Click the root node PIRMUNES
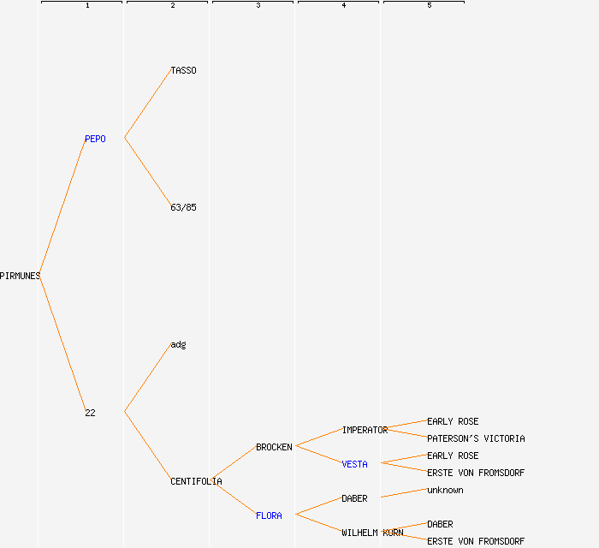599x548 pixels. [20, 276]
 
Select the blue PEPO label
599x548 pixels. [95, 139]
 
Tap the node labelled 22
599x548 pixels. [90, 413]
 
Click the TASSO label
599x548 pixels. [183, 70]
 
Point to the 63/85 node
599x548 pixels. [183, 207]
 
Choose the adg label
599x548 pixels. [178, 345]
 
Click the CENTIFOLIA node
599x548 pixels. [196, 481]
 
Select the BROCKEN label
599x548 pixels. [274, 447]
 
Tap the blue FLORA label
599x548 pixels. [269, 515]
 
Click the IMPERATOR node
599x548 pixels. [365, 430]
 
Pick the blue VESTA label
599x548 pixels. [354, 464]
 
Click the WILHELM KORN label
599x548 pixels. [372, 533]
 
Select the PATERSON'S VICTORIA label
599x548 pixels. [476, 438]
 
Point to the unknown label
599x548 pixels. [445, 490]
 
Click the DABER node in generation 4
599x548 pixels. [354, 498]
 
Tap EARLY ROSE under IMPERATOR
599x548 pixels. [453, 421]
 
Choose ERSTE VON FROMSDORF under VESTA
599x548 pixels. [476, 473]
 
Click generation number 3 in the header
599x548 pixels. [258, 5]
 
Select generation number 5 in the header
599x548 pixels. [430, 5]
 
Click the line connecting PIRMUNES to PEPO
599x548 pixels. [62, 206]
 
